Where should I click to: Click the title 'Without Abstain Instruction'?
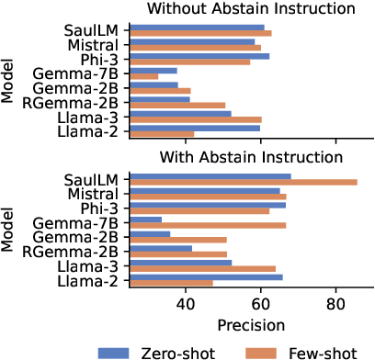(x=251, y=8)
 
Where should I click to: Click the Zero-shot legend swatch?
(x=119, y=351)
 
